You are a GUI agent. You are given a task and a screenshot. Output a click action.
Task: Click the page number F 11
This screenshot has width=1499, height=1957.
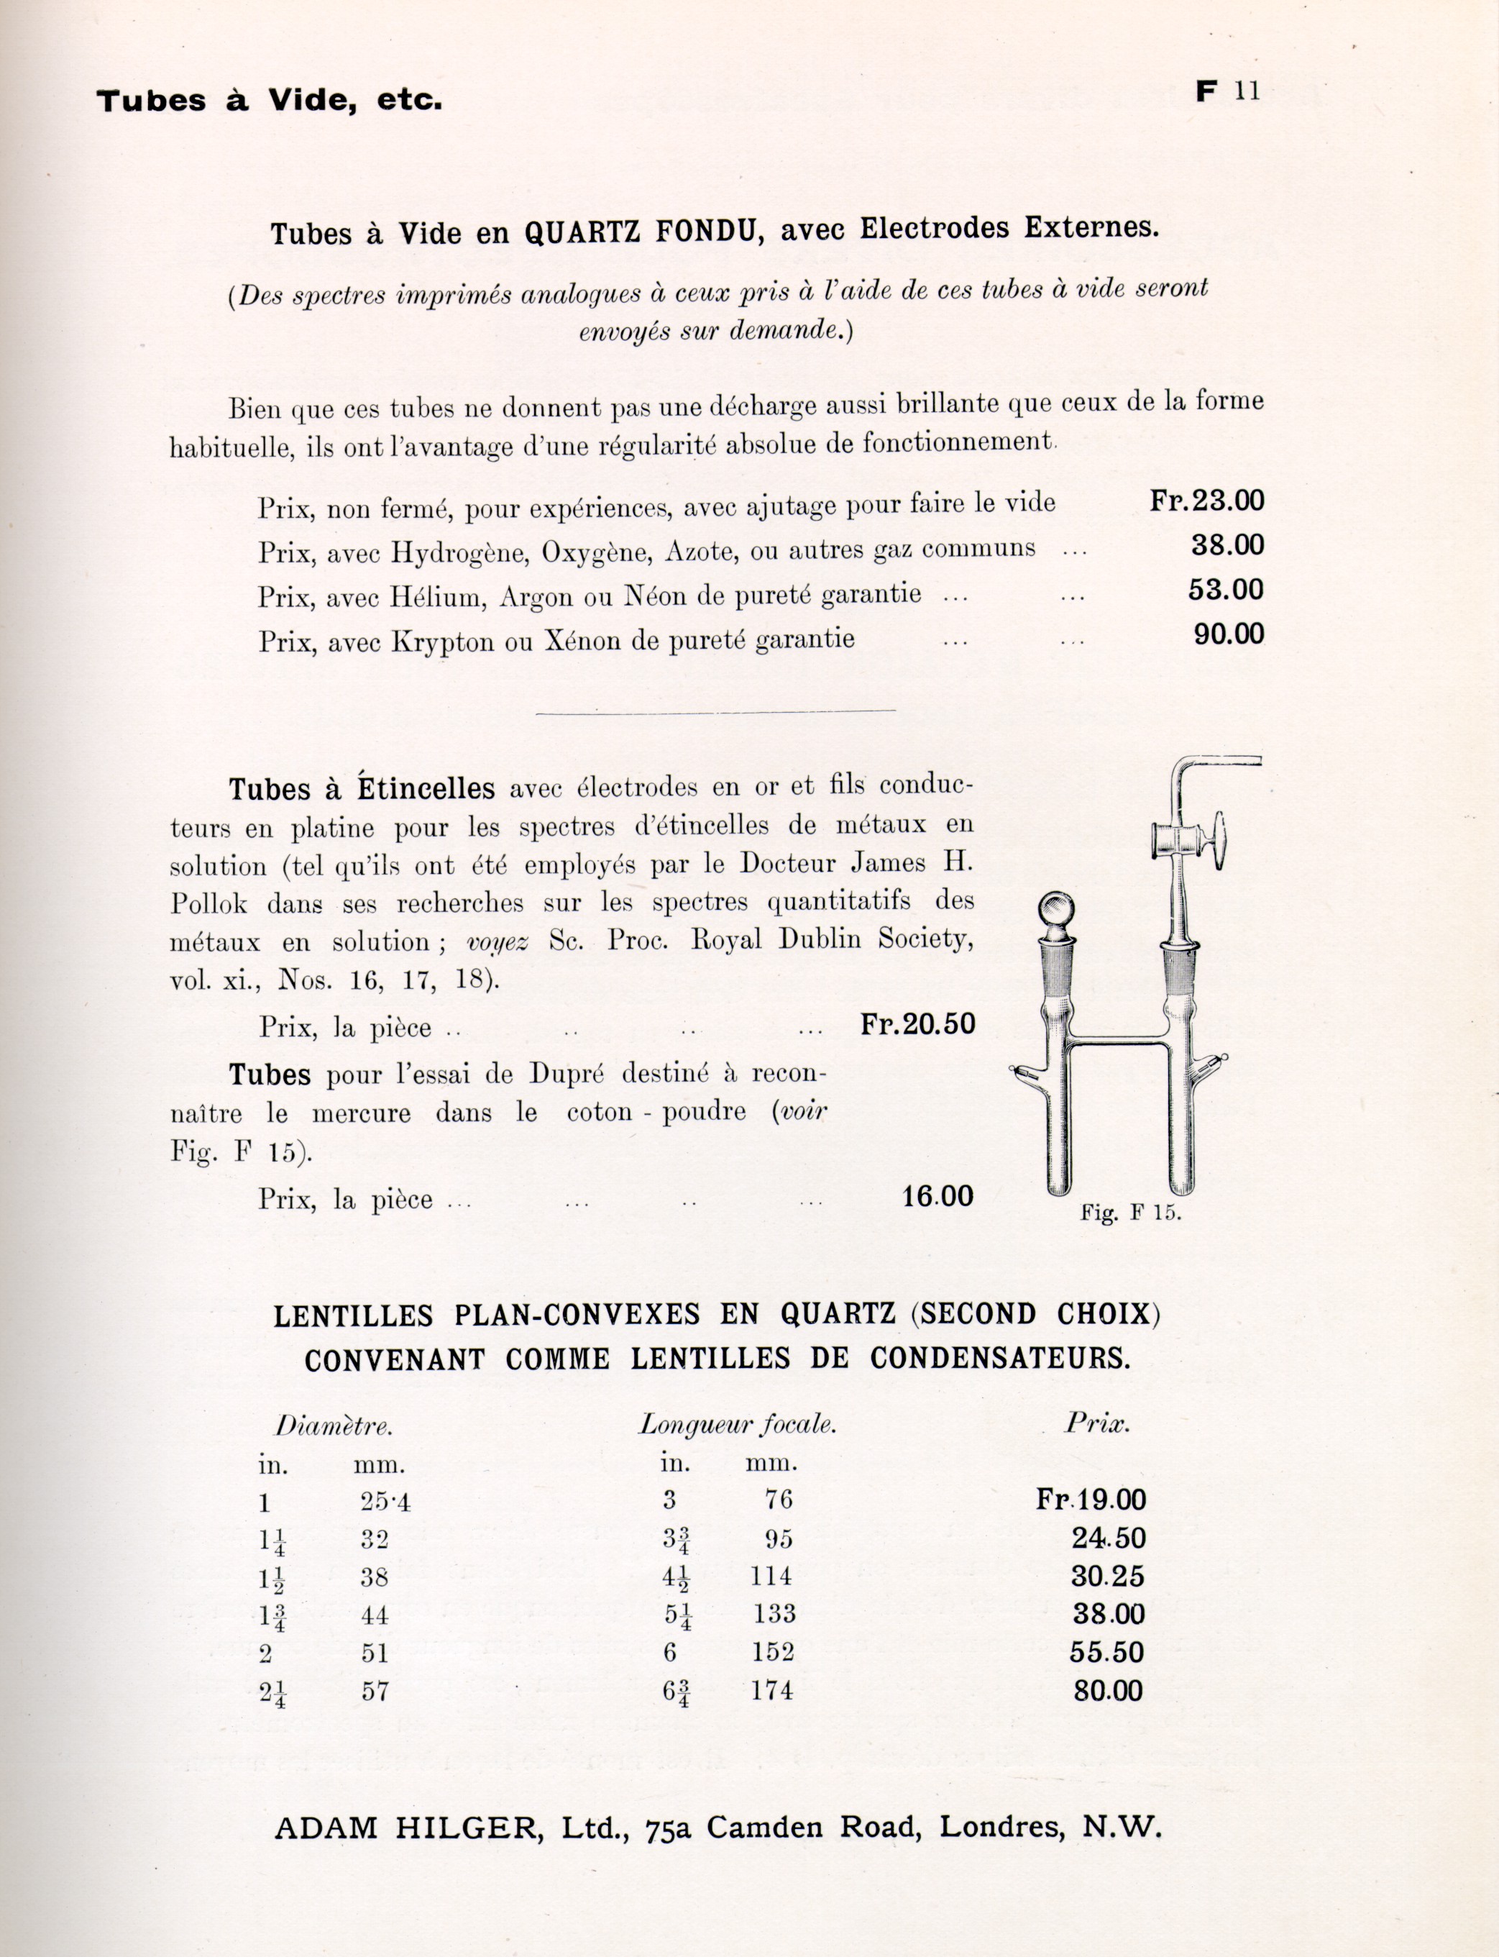click(x=1229, y=92)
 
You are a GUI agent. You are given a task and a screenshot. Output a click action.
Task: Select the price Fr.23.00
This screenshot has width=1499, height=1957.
click(x=1206, y=501)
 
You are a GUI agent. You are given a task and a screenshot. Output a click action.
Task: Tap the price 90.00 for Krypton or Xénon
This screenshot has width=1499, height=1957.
click(x=1229, y=634)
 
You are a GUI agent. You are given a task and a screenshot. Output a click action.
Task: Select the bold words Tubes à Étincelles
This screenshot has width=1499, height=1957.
click(x=362, y=789)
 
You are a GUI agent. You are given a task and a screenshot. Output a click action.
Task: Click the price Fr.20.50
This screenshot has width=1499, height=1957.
click(x=917, y=1023)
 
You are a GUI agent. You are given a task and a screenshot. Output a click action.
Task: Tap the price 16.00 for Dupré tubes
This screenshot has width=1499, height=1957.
click(x=937, y=1197)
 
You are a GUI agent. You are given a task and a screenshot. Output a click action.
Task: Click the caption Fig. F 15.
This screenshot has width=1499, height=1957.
click(x=1130, y=1213)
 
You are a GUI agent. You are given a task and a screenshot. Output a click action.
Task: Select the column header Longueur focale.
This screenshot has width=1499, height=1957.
click(x=737, y=1425)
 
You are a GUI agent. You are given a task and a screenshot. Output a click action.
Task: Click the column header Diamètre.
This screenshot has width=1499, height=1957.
click(x=334, y=1426)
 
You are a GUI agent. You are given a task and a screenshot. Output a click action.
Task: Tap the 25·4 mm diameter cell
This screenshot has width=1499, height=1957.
click(x=385, y=1502)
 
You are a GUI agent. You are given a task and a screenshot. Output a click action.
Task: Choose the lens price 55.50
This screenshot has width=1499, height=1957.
click(x=1106, y=1652)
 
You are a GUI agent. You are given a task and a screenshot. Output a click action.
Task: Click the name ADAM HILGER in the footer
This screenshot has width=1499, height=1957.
click(x=406, y=1828)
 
